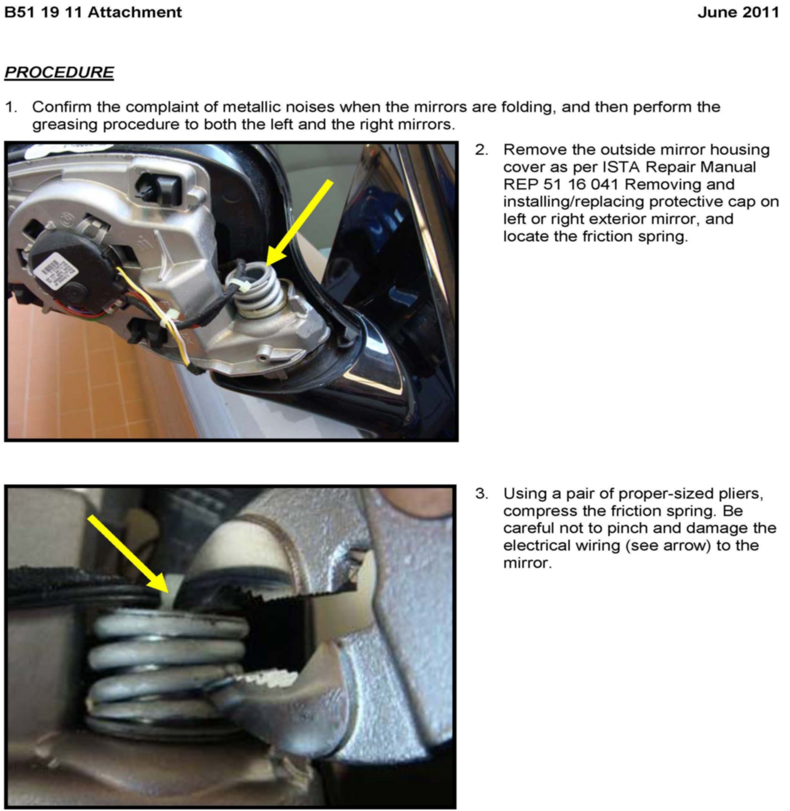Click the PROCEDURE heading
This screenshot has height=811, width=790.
tap(59, 72)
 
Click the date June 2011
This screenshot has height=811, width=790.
tap(738, 12)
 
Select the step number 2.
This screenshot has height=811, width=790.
tap(481, 150)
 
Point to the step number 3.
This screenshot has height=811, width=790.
tap(481, 494)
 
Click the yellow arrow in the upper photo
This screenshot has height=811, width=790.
tap(299, 223)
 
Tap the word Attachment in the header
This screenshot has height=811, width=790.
tap(135, 12)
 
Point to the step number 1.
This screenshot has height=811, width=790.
tap(11, 107)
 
